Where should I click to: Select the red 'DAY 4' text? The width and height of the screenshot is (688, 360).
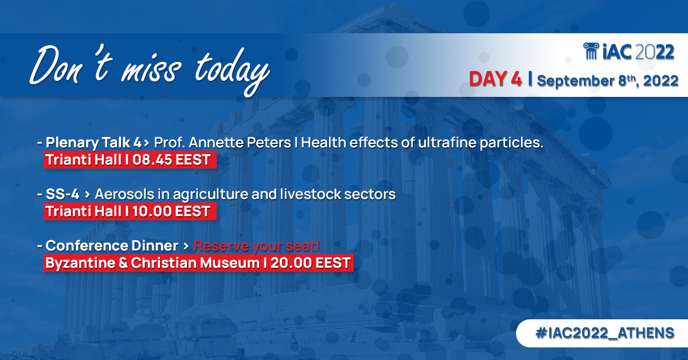pos(495,80)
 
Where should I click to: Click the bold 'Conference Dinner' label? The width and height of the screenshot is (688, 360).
pos(112,246)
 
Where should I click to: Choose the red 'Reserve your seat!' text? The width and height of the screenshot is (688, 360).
pos(256,246)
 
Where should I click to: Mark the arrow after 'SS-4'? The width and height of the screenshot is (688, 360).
pos(87,195)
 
